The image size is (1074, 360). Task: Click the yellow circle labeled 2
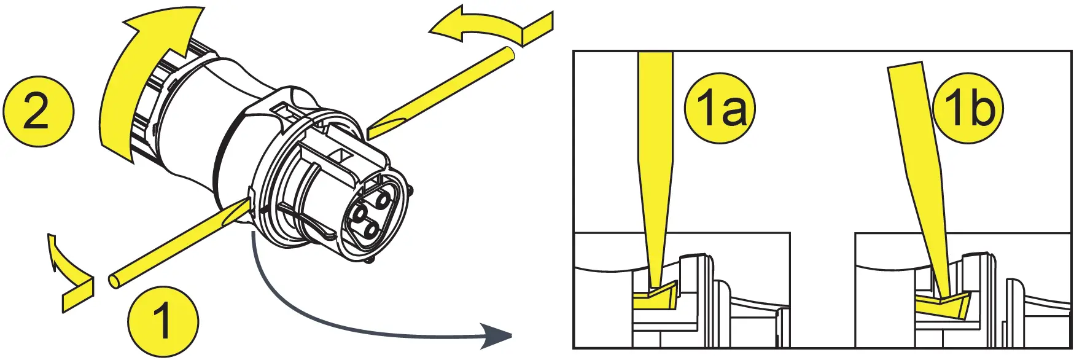[38, 111]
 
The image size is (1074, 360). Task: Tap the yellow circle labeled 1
[163, 320]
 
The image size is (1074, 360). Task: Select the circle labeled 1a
[720, 108]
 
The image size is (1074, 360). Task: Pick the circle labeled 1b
[968, 108]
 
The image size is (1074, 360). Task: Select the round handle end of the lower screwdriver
[115, 281]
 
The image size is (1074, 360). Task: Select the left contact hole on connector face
[359, 213]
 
